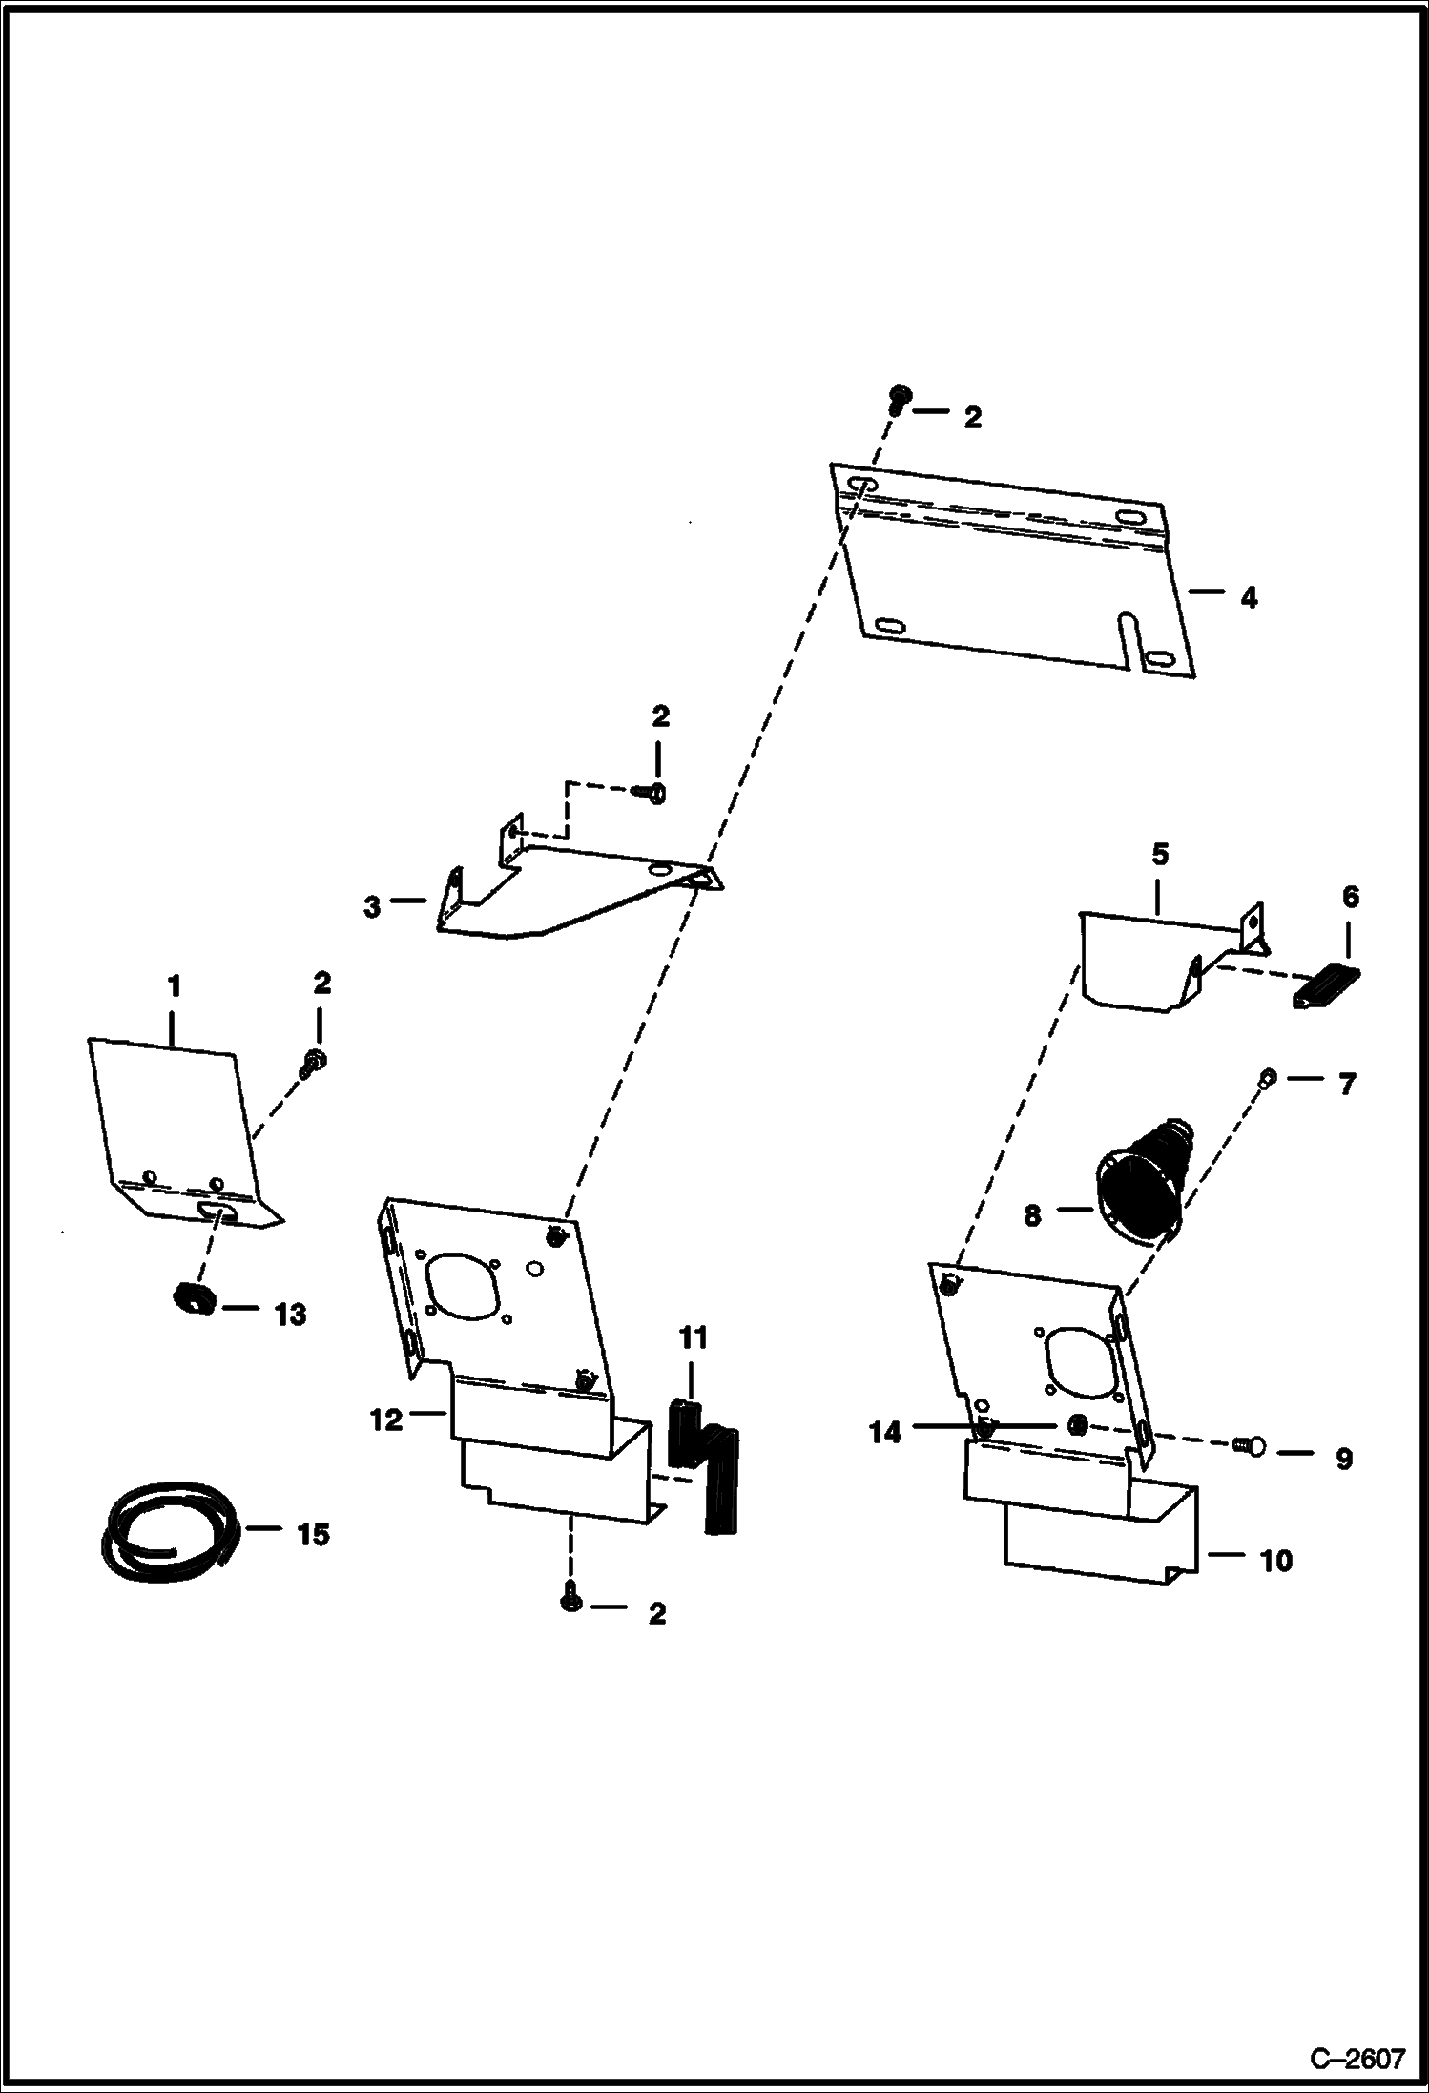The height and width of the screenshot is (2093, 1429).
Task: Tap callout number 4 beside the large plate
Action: click(1249, 599)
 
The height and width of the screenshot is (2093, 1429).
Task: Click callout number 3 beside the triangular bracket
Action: click(372, 906)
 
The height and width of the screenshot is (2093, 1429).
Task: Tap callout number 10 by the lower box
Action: click(1275, 1561)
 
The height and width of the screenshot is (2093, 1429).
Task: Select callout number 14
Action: click(885, 1433)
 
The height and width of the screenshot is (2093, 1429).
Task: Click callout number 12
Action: click(387, 1420)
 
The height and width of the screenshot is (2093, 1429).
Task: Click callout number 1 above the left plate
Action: click(174, 985)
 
